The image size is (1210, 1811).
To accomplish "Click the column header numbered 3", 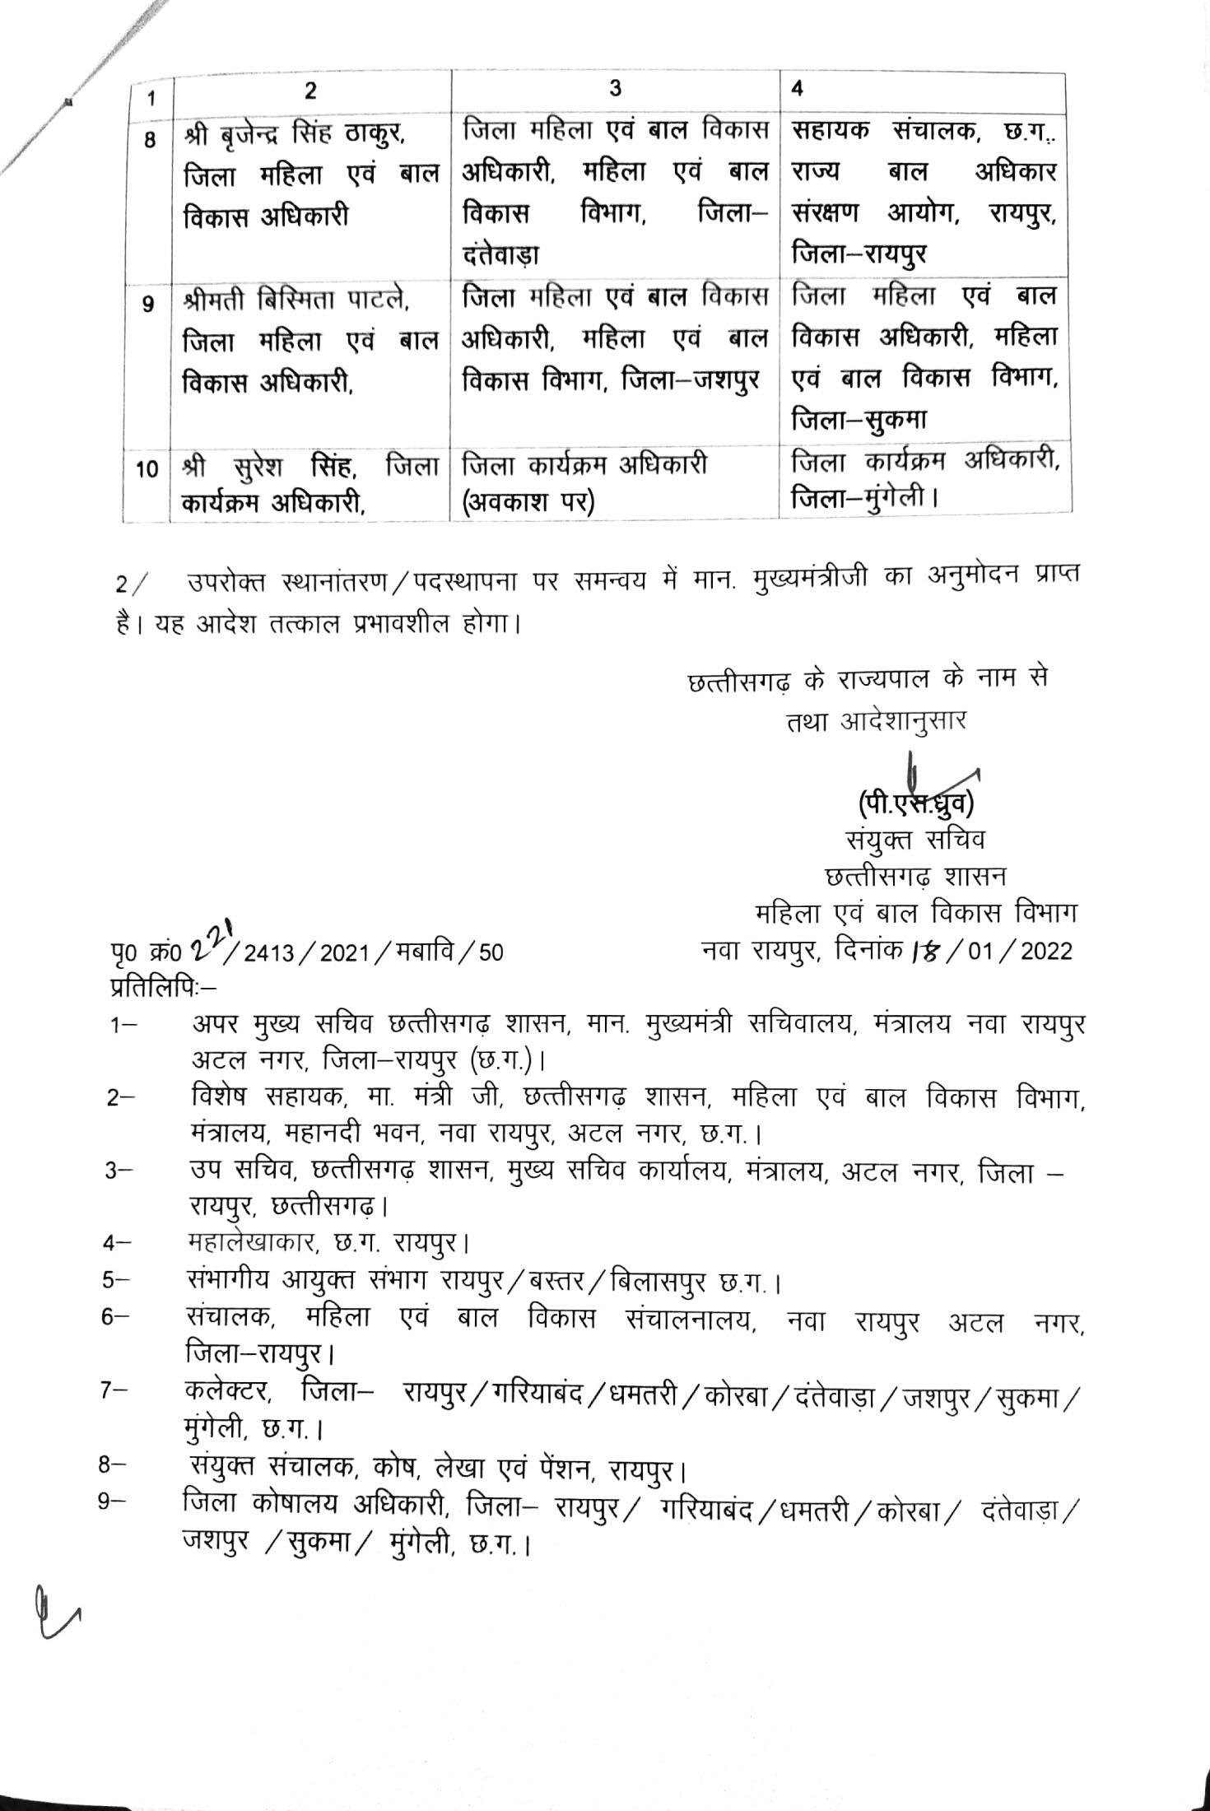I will tap(615, 90).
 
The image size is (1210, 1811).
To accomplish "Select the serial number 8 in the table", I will tap(149, 140).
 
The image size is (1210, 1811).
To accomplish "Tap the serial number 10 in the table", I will tap(147, 470).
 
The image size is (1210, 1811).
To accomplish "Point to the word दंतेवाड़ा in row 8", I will tap(501, 256).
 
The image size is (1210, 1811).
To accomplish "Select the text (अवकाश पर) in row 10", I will tap(528, 501).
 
